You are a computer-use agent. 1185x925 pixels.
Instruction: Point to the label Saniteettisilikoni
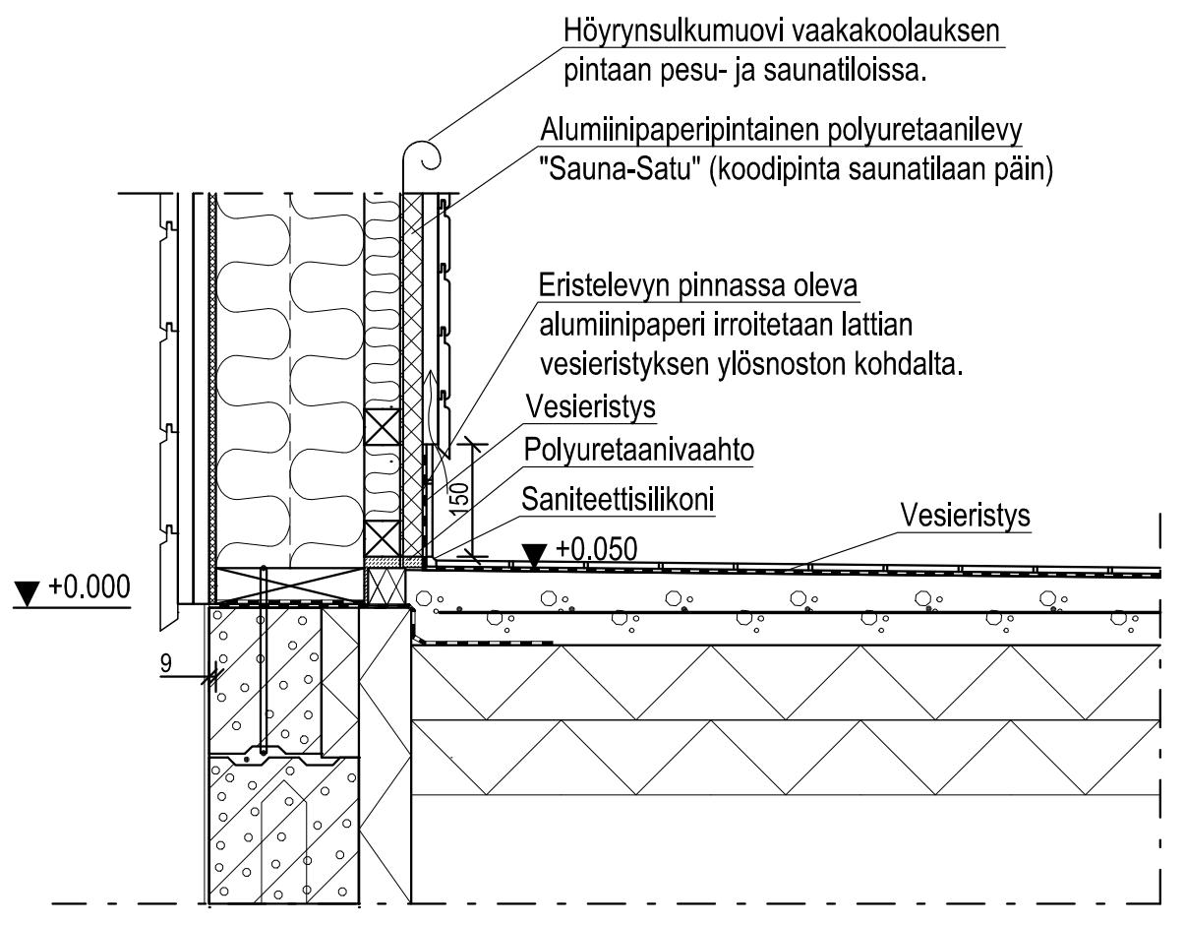[620, 499]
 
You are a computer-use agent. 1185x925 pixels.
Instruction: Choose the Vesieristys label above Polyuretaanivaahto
[591, 407]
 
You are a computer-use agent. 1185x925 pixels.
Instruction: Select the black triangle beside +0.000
[27, 593]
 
